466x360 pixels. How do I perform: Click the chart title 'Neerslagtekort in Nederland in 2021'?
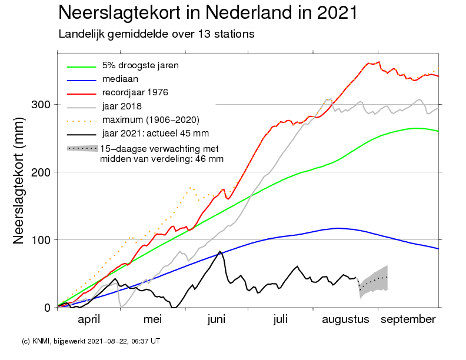click(208, 12)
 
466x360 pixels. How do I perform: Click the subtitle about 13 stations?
click(157, 34)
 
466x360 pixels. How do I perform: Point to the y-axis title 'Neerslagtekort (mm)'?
click(18, 181)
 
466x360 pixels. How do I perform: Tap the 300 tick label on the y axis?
click(41, 105)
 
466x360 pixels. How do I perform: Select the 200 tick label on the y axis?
click(41, 172)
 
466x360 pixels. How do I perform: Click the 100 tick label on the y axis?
click(41, 239)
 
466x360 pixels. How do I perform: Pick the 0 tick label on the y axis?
click(47, 308)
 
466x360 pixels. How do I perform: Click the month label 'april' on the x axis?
click(89, 319)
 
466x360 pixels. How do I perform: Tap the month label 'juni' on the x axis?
click(216, 319)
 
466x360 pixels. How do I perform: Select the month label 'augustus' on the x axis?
click(345, 319)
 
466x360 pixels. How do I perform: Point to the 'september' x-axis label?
click(408, 319)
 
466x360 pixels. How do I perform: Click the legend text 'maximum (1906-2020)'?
click(151, 120)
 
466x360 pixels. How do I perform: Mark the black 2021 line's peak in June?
click(220, 251)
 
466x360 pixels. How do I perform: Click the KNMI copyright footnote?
click(91, 341)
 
